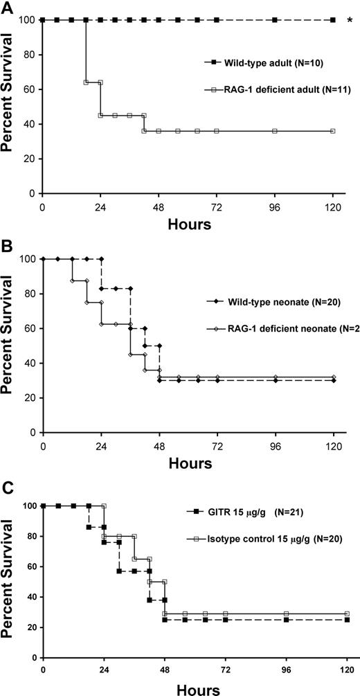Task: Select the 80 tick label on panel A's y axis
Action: [x=30, y=55]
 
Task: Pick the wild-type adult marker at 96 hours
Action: [x=275, y=20]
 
